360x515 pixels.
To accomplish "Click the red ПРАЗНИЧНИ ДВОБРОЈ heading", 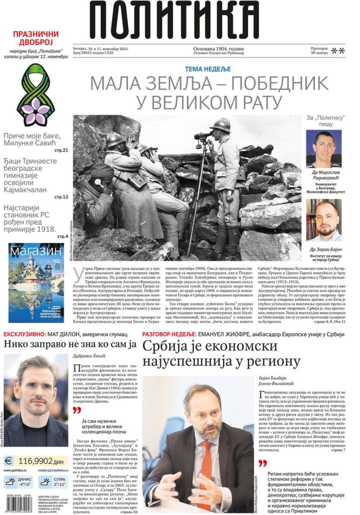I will tap(36, 38).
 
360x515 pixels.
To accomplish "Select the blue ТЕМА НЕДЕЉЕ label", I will tap(208, 69).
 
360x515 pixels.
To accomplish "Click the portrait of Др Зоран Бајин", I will tap(324, 220).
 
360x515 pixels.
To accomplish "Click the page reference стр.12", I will tap(62, 197).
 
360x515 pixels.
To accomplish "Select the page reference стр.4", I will tap(63, 236).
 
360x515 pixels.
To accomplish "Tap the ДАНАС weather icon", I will tap(11, 482).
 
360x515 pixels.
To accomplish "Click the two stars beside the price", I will tap(338, 51).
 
